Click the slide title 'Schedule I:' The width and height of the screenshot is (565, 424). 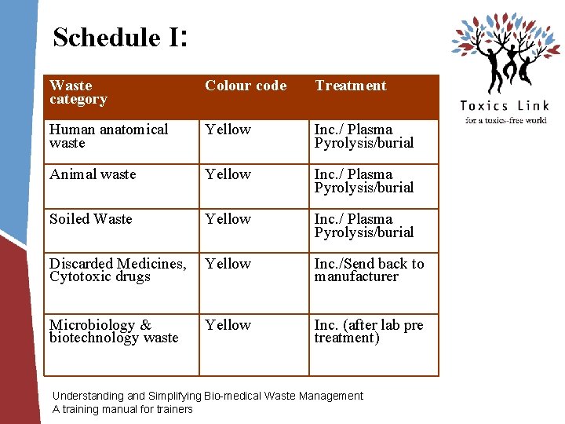[119, 37]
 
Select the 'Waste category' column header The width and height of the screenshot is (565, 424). [78, 93]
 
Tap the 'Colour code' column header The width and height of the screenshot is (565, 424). [246, 86]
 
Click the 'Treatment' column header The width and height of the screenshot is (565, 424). [351, 86]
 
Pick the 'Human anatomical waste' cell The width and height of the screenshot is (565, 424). [108, 136]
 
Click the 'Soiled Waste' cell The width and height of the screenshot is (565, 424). [91, 219]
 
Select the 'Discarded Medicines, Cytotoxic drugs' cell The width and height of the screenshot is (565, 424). [118, 270]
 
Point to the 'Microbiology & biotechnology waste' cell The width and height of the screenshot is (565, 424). [114, 331]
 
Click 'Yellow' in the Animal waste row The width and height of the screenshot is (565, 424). [228, 174]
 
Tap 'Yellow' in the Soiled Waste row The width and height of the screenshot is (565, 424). [228, 219]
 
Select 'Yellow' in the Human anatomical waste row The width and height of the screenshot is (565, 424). [228, 130]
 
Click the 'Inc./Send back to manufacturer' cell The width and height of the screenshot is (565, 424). [369, 270]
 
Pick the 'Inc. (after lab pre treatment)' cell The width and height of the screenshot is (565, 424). [369, 331]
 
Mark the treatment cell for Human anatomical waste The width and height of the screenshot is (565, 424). [363, 136]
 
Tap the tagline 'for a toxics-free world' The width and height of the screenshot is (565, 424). [505, 120]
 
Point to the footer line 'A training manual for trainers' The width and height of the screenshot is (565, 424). [122, 409]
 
